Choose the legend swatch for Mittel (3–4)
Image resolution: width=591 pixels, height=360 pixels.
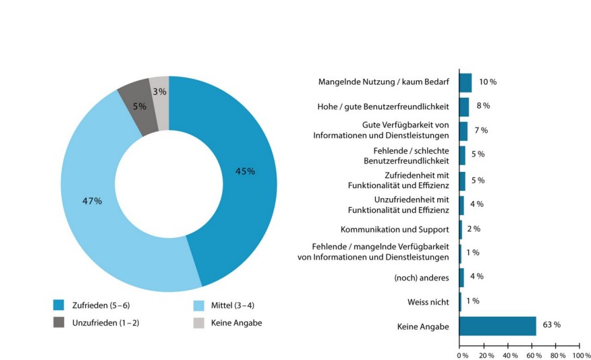(x=200, y=305)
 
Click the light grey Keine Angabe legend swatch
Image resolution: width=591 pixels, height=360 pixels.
(x=200, y=323)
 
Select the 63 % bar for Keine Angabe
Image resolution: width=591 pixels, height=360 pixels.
(x=497, y=326)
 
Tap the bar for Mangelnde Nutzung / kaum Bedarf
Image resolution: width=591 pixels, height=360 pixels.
(x=465, y=82)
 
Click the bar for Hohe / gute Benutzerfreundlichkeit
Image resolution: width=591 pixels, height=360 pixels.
(x=463, y=107)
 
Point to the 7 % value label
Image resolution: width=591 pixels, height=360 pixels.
(x=480, y=130)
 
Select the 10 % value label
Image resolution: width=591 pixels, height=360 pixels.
(x=487, y=82)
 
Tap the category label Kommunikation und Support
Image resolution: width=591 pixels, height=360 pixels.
(x=394, y=229)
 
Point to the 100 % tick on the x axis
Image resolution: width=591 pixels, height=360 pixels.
(x=581, y=355)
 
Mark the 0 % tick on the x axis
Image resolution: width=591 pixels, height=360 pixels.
(x=462, y=355)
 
